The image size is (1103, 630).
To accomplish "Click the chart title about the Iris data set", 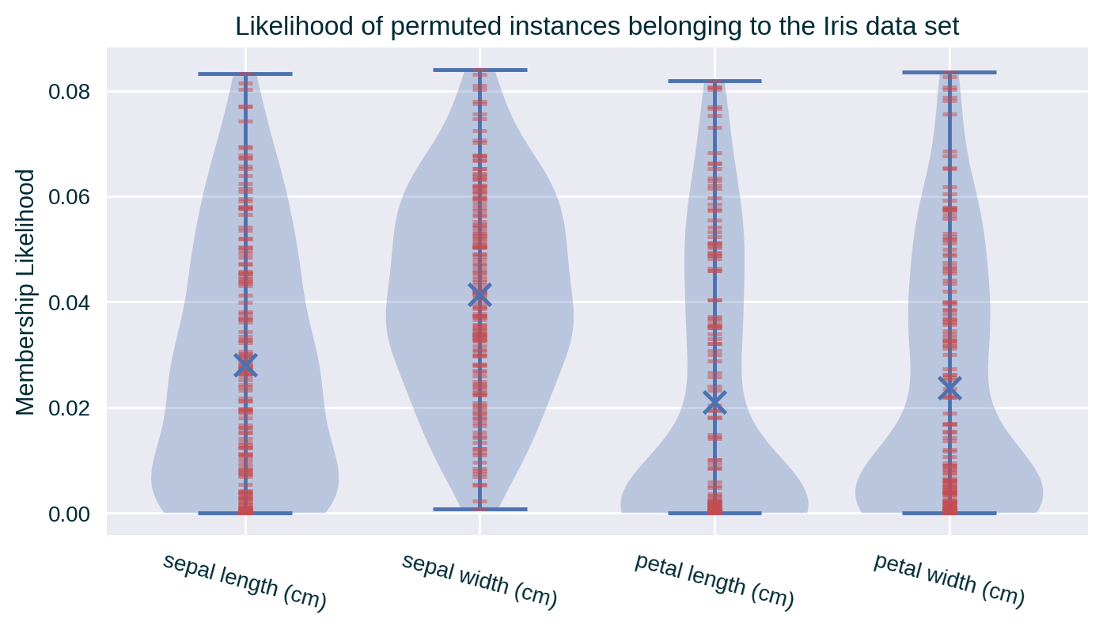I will pyautogui.click(x=597, y=27).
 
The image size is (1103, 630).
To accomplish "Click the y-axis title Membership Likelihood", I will pyautogui.click(x=26, y=292).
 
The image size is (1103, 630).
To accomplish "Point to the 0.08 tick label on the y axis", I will pyautogui.click(x=70, y=92).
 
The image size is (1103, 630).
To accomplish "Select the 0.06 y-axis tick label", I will pyautogui.click(x=70, y=197).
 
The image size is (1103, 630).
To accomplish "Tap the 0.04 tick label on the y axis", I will pyautogui.click(x=70, y=303).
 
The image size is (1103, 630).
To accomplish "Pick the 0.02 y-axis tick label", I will pyautogui.click(x=70, y=408).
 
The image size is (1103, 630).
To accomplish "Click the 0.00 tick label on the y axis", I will pyautogui.click(x=70, y=514).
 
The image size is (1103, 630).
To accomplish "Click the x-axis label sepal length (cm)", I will pyautogui.click(x=244, y=583).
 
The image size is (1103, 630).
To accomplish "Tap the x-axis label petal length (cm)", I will pyautogui.click(x=714, y=582).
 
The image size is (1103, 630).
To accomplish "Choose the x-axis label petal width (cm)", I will pyautogui.click(x=949, y=580).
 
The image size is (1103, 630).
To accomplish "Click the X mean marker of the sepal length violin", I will pyautogui.click(x=245, y=365).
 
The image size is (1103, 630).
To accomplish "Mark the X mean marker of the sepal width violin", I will pyautogui.click(x=479, y=295).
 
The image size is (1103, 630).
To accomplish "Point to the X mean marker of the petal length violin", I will pyautogui.click(x=714, y=403).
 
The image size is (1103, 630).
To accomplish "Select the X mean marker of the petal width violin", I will pyautogui.click(x=949, y=388).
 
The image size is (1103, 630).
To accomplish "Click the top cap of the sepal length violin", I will pyautogui.click(x=245, y=74).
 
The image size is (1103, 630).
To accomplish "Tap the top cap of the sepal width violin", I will pyautogui.click(x=479, y=70).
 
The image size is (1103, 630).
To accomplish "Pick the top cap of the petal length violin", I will pyautogui.click(x=714, y=81).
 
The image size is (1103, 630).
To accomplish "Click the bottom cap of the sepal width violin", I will pyautogui.click(x=479, y=509).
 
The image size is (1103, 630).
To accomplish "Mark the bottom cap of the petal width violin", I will pyautogui.click(x=949, y=513).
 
